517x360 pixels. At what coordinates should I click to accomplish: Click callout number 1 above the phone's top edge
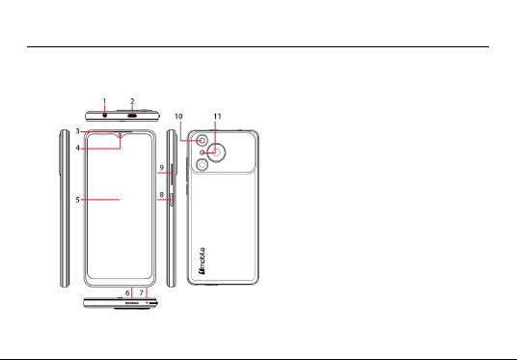tap(104, 101)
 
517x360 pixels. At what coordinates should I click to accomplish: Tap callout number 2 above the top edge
tap(132, 101)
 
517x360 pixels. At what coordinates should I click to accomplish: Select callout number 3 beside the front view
tap(77, 131)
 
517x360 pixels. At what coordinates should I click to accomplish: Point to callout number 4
tap(77, 148)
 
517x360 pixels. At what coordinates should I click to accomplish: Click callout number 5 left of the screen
tap(77, 200)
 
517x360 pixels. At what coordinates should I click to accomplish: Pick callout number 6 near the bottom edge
tap(127, 292)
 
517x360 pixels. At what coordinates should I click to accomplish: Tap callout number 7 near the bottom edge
tap(142, 292)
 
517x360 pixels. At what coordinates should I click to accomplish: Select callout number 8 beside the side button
tap(162, 195)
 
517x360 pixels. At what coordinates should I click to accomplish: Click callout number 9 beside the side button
tap(162, 168)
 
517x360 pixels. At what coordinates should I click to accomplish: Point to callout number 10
tap(178, 117)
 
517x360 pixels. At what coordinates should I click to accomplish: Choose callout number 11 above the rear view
tap(217, 117)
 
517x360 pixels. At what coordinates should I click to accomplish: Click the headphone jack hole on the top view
tap(105, 116)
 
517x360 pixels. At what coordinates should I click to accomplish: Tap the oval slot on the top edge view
tap(132, 116)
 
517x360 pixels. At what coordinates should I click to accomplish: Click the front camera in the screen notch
tap(120, 135)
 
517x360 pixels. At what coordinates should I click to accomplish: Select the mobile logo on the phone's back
tap(202, 261)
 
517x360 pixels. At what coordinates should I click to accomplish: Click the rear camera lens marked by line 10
tap(203, 141)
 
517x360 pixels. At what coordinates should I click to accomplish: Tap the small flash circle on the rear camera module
tap(203, 152)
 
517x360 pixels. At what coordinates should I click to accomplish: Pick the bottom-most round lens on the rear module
tap(202, 164)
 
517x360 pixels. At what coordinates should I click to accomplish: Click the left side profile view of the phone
tap(65, 208)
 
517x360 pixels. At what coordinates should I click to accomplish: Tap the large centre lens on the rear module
tap(217, 152)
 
